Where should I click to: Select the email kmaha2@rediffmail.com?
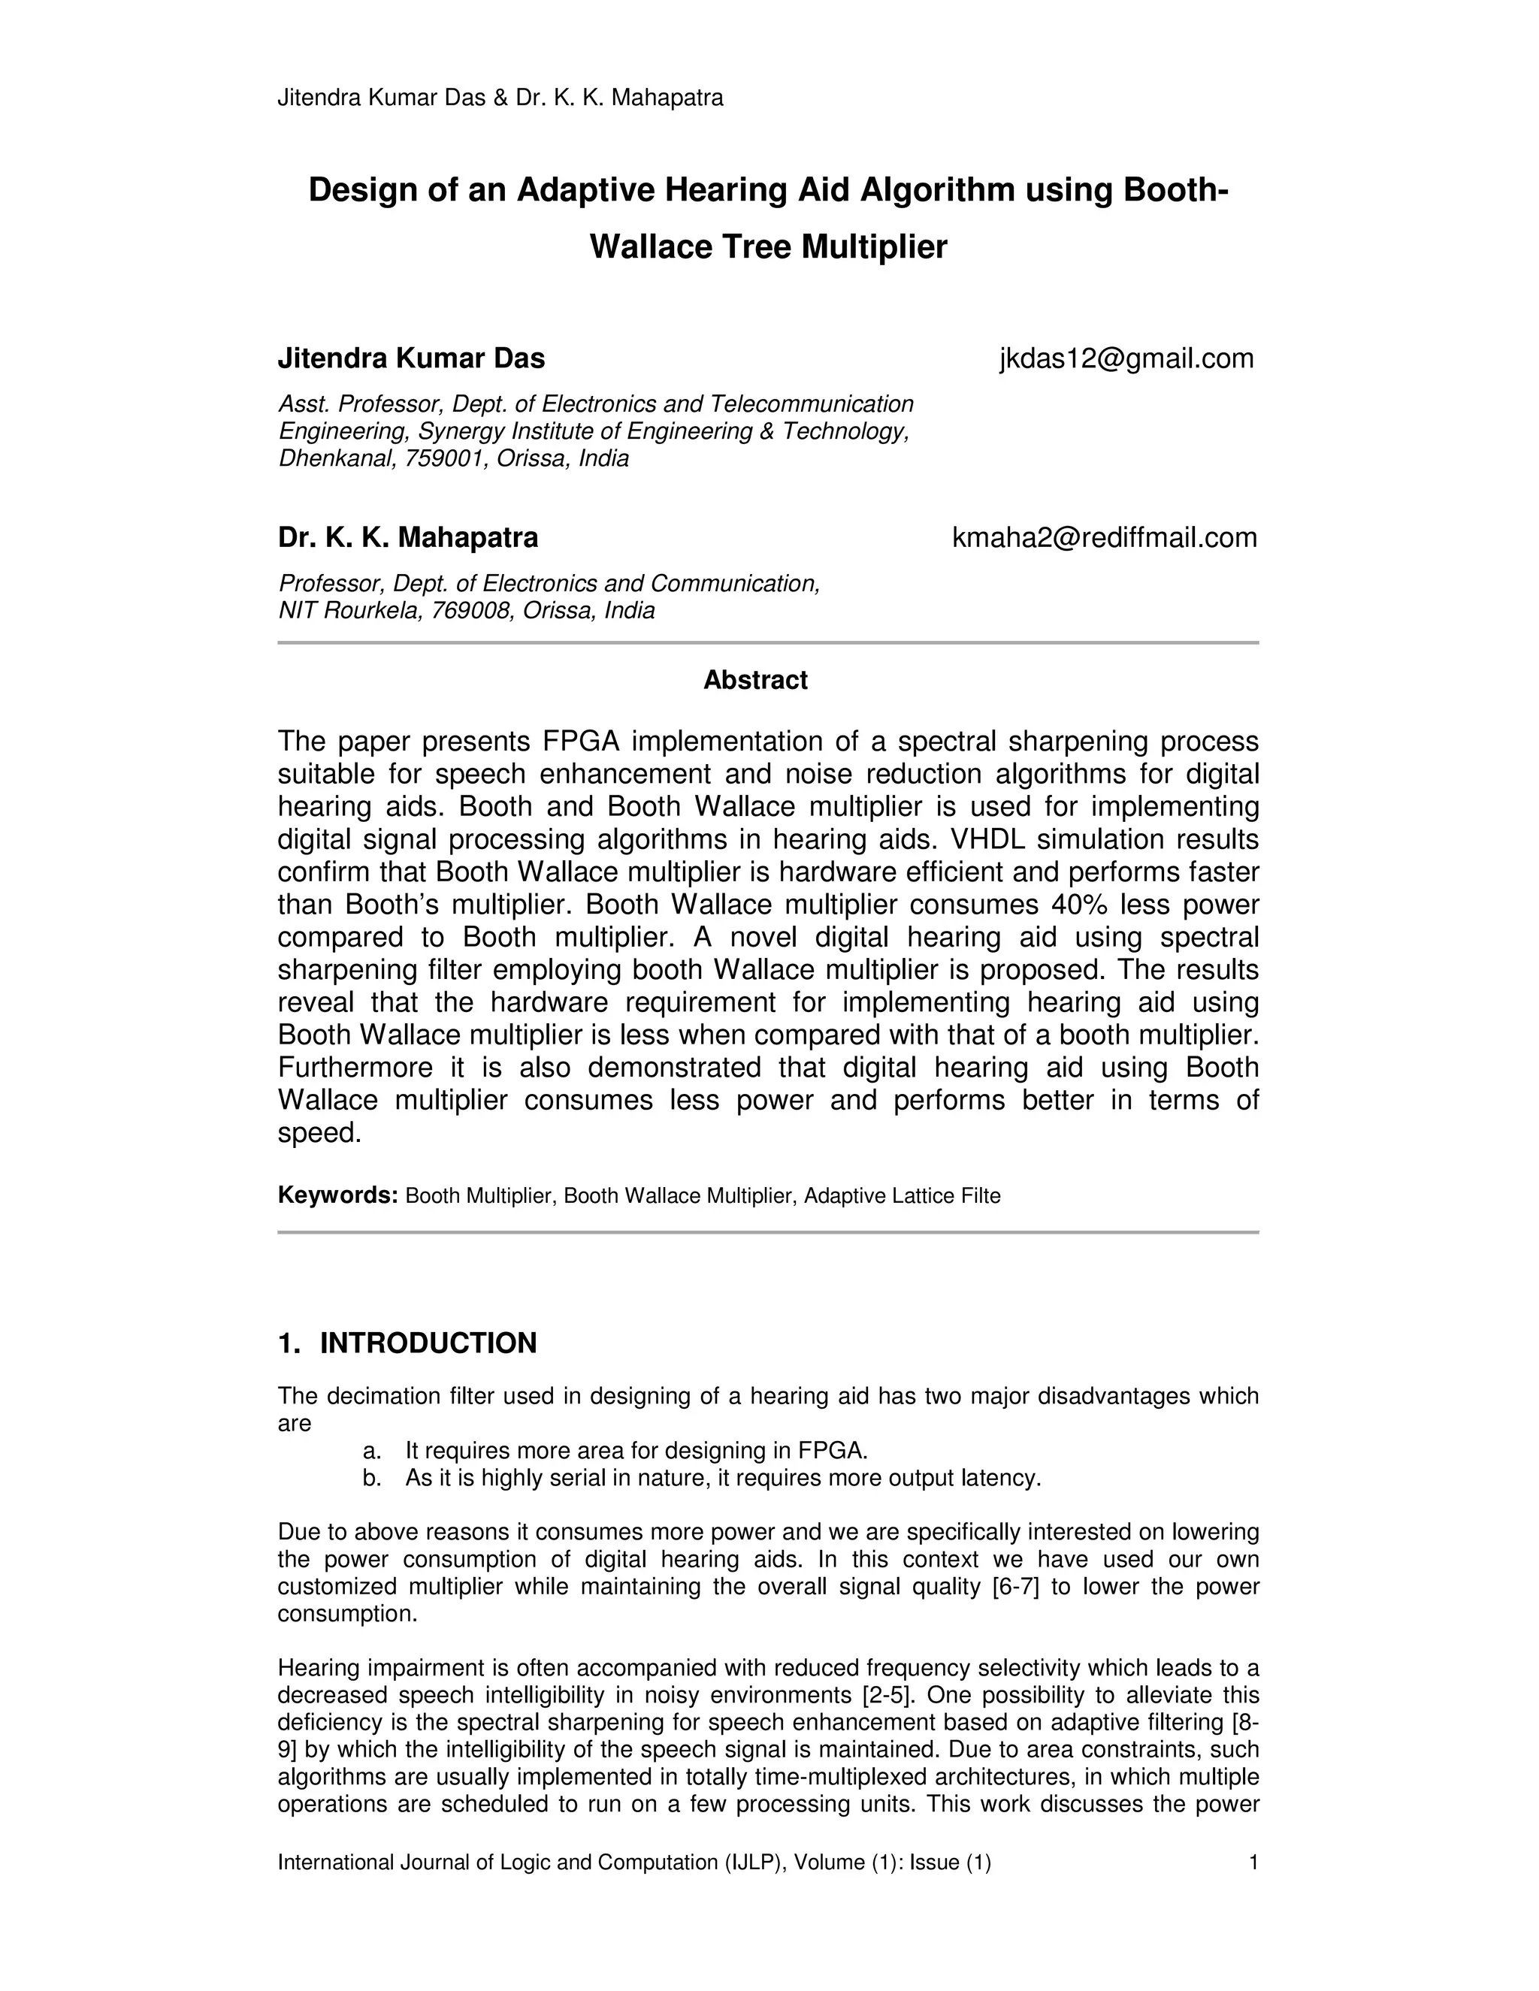[x=1104, y=538]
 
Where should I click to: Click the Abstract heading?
[x=755, y=680]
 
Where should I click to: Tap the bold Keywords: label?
[x=337, y=1195]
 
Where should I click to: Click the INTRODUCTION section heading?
[x=428, y=1343]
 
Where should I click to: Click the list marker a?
[x=371, y=1452]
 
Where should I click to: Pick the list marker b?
[x=371, y=1479]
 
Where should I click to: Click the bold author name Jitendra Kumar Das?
[x=411, y=359]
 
